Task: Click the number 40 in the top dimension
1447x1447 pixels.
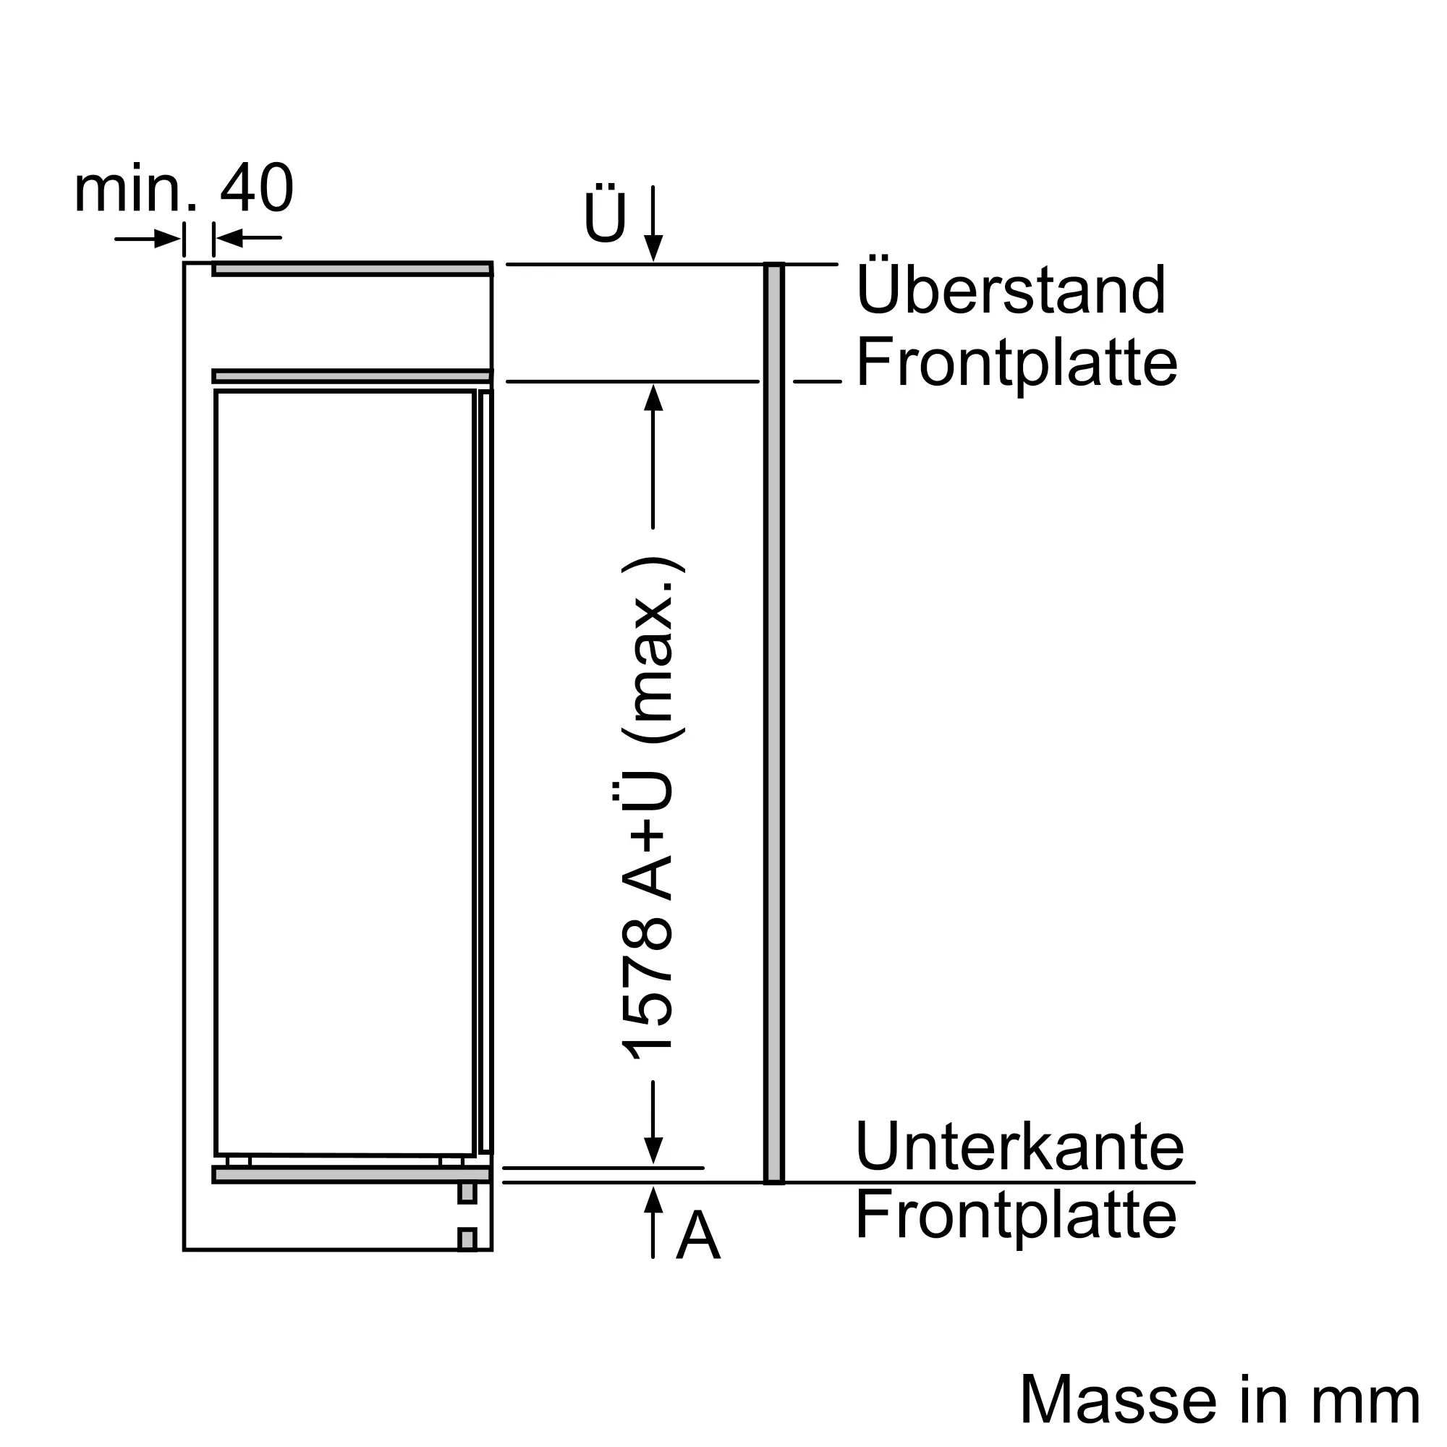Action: point(256,188)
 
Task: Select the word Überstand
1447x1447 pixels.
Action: point(1010,290)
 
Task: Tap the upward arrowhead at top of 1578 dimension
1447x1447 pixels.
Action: point(653,398)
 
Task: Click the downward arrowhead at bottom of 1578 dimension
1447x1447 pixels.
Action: point(653,1150)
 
